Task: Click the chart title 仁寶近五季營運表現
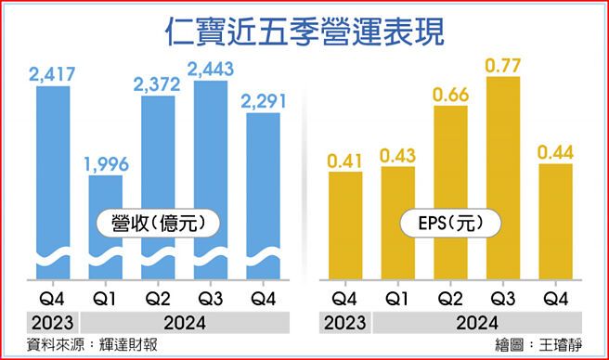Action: point(304,30)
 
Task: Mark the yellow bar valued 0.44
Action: point(556,223)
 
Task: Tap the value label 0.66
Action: point(449,94)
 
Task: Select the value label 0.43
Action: point(397,154)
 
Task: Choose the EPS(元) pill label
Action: point(451,223)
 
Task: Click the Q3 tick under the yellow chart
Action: point(502,299)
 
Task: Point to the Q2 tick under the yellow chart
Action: point(450,299)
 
